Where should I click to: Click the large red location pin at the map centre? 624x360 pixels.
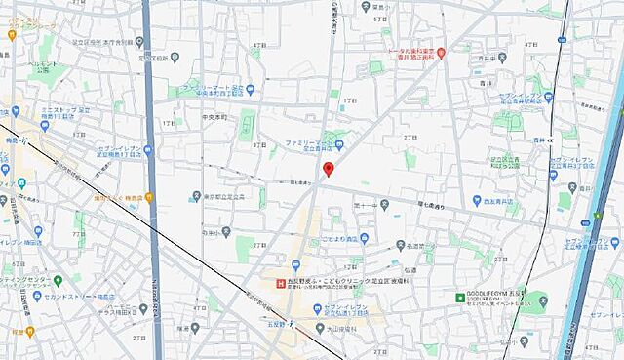point(328,169)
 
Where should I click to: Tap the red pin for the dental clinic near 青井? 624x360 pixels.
point(441,52)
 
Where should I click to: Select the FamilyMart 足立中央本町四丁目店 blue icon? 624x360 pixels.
point(251,91)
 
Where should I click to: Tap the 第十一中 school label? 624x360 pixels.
point(365,206)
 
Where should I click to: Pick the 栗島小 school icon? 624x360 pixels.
point(405,8)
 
